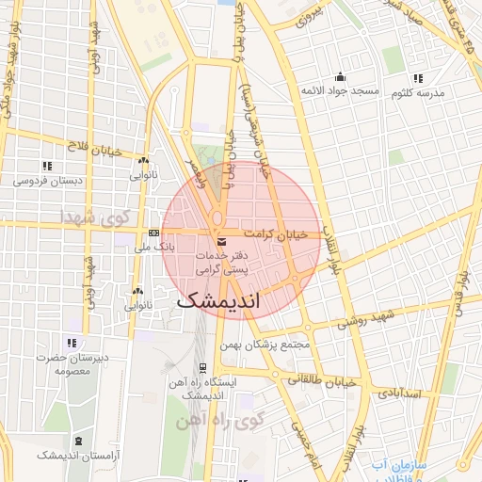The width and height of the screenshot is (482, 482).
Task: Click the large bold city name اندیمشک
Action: pos(220,301)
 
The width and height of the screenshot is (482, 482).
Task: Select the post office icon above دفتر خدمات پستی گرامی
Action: pos(221,243)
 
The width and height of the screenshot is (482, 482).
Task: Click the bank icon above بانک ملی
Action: pos(153,233)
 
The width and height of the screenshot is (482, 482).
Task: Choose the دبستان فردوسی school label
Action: pos(54,180)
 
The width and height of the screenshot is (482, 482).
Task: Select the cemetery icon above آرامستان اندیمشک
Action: pos(76,441)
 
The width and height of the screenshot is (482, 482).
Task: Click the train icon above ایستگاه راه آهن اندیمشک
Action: pos(202,368)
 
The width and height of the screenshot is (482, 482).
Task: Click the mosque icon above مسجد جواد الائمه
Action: pos(339,77)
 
